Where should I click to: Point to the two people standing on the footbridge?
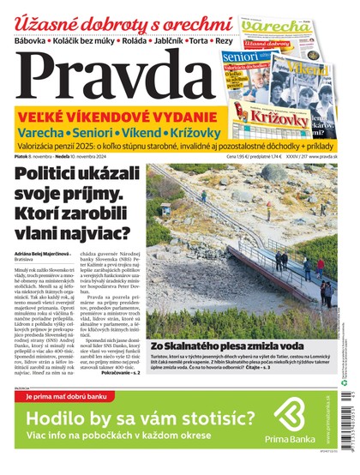[281, 258]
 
